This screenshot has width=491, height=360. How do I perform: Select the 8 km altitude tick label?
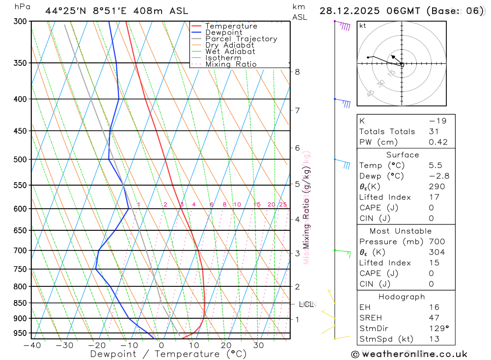[x=297, y=72]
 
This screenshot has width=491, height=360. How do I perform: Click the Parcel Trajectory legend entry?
[x=241, y=39]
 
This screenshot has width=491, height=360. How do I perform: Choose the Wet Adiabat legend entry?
[x=230, y=52]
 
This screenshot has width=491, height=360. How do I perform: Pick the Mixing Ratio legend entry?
[x=231, y=64]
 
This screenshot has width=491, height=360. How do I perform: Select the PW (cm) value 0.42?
[x=438, y=142]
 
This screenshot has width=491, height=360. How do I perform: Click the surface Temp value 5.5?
[x=435, y=166]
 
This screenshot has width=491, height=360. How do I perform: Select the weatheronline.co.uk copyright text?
[x=409, y=354]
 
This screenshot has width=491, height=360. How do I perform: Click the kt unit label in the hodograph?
[x=362, y=26]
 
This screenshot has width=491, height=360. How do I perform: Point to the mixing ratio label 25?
[x=283, y=204]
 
